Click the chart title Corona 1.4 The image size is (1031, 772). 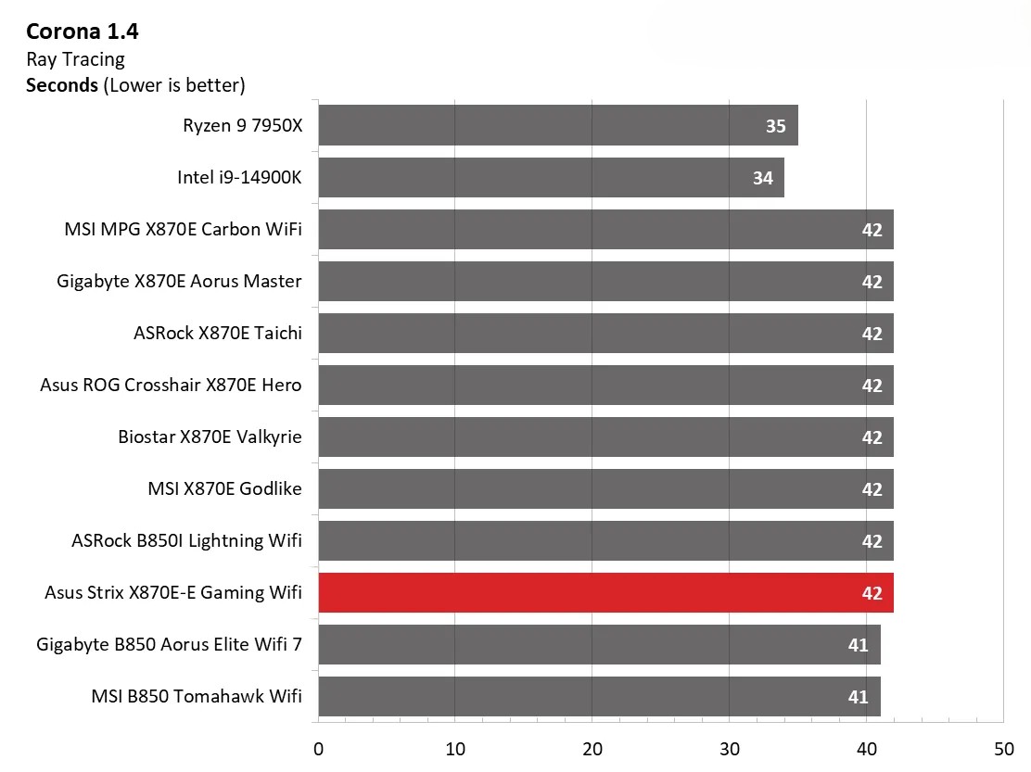83,32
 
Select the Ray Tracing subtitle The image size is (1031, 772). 75,59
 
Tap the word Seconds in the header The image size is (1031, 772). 62,85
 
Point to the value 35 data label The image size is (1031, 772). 775,126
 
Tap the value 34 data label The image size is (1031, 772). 762,178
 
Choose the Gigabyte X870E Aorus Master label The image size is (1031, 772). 179,281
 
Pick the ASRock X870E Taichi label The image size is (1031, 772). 218,333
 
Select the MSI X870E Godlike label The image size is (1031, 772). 224,488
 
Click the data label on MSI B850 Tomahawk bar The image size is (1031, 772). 858,697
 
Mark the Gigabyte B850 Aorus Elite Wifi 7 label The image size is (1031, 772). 170,644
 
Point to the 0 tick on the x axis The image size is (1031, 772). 318,749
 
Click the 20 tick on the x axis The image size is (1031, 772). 592,749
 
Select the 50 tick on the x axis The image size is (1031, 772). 1003,749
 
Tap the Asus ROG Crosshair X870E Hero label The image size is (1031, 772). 171,385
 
